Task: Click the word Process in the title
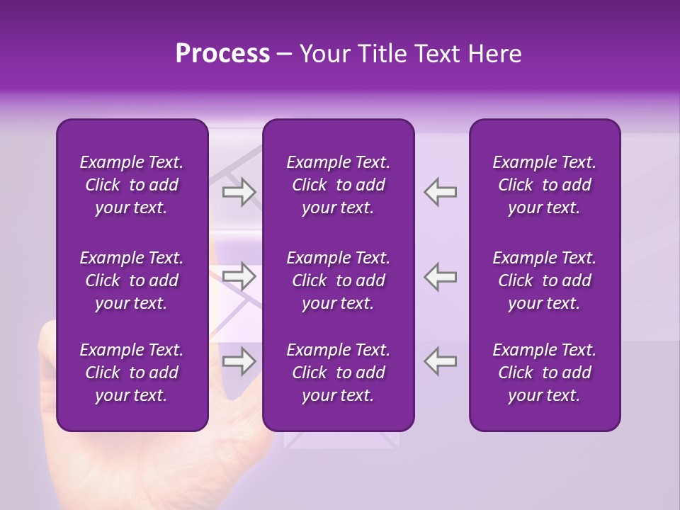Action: coord(222,54)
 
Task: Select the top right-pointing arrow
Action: coord(239,192)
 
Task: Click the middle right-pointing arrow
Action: coord(239,276)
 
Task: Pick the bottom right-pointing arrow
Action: coord(239,361)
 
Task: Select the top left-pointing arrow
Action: coord(441,192)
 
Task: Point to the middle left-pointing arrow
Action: coord(441,276)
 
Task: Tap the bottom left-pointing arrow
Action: coord(441,361)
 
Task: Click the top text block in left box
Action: coord(132,185)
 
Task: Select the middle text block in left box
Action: coord(132,280)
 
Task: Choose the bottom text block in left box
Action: coord(132,373)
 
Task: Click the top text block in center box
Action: coord(338,185)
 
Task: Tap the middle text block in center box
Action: coord(338,280)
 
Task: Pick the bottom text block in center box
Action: coord(338,373)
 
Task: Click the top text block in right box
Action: coord(544,185)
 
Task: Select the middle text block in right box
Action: coord(544,280)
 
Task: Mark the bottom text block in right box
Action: coord(544,373)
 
